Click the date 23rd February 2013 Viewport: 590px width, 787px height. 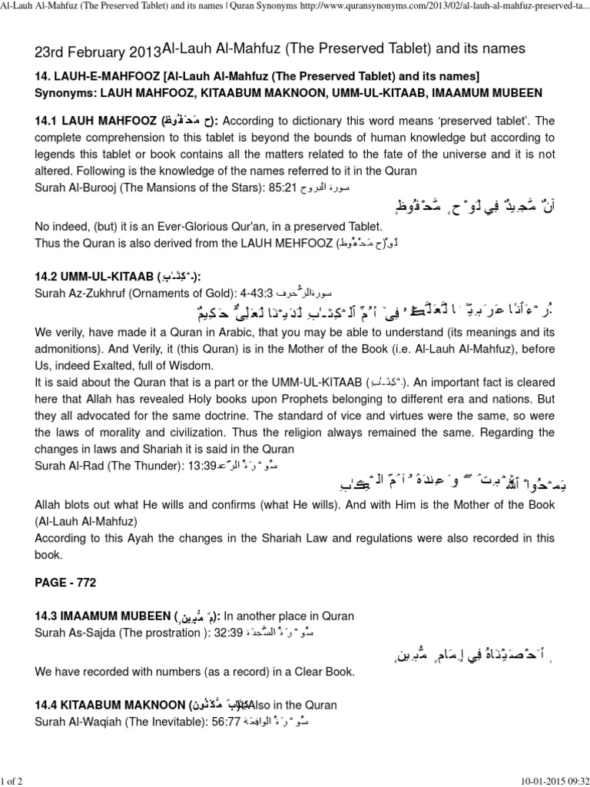tap(98, 51)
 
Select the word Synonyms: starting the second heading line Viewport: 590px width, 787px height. tap(70, 93)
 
